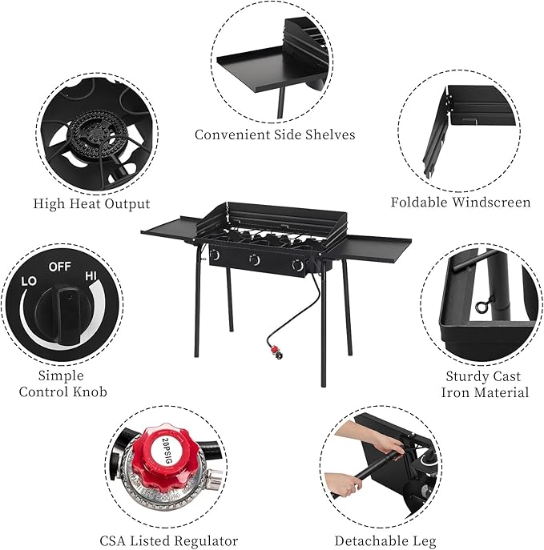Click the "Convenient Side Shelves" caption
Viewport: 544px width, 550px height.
click(275, 134)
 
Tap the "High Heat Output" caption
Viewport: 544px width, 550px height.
click(91, 203)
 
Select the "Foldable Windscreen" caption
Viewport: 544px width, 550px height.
click(460, 202)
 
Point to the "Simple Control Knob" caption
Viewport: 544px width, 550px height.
click(62, 383)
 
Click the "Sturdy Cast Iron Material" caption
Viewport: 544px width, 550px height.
click(485, 384)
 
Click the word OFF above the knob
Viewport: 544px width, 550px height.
click(60, 266)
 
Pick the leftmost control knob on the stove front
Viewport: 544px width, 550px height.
click(215, 255)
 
